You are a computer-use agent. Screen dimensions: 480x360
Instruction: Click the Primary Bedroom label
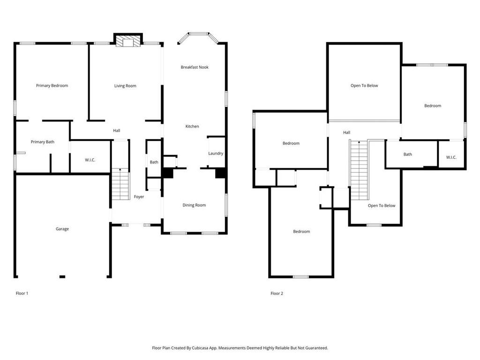[52, 86]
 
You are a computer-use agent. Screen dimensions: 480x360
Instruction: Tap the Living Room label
[125, 86]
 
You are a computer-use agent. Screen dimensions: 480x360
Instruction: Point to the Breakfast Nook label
[195, 67]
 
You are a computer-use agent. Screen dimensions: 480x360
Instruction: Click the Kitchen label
[192, 126]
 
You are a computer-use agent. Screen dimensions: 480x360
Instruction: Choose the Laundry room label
[216, 153]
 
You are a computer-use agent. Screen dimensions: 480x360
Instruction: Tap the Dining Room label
[194, 205]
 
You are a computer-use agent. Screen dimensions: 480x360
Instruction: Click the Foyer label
[139, 197]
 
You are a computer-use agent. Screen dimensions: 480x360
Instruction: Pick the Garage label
[62, 229]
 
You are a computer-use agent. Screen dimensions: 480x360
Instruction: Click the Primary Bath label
[43, 142]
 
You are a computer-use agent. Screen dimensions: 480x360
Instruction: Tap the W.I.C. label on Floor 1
[90, 160]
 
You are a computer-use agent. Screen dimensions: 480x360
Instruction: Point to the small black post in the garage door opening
[62, 277]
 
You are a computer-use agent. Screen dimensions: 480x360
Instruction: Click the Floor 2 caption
[277, 293]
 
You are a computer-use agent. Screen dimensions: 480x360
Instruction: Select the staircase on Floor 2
[359, 170]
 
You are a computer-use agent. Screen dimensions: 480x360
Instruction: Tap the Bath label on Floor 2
[407, 154]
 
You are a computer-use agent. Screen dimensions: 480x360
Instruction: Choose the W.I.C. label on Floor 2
[451, 157]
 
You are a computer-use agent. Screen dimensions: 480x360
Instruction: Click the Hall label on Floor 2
[346, 133]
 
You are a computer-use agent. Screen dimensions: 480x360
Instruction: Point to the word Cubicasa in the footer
[201, 348]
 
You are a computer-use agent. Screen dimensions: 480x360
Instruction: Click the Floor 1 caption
[22, 293]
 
